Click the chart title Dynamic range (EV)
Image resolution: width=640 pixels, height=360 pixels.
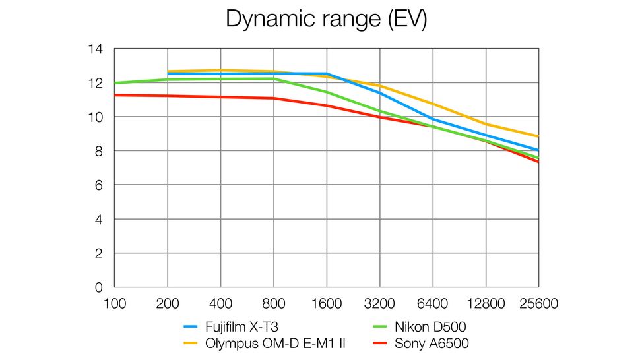(326, 18)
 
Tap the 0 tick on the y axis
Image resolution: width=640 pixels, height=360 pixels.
(99, 287)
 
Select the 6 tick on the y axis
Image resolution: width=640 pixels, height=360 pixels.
(99, 185)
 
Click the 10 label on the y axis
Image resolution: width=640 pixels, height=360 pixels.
(95, 117)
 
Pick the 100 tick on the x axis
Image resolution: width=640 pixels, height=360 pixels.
(114, 304)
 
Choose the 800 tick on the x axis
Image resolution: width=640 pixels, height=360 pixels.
(273, 304)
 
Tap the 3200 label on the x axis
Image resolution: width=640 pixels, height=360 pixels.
(379, 304)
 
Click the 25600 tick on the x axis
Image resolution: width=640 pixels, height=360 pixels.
(538, 304)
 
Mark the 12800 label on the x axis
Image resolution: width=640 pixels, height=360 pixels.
(486, 304)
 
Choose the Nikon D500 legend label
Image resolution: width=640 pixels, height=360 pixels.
(432, 326)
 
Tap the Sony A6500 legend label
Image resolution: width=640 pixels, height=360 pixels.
(432, 343)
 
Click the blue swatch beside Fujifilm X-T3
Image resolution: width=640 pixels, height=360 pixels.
(191, 326)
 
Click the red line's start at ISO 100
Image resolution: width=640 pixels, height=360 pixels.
(115, 95)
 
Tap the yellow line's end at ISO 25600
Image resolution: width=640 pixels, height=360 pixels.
(538, 136)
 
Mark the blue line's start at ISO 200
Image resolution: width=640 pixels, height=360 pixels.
(168, 74)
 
